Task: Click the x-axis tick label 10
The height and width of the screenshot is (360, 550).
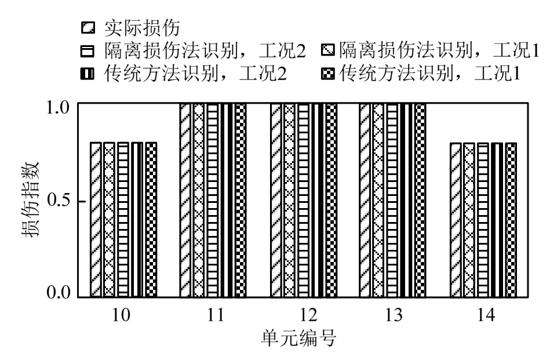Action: coord(123,315)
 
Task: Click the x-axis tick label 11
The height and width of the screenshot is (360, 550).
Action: coord(213,315)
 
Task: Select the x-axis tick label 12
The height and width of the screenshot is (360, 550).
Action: coord(304,315)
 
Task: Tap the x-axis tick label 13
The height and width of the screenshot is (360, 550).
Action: coord(394,315)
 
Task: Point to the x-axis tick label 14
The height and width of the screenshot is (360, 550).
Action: coord(484,315)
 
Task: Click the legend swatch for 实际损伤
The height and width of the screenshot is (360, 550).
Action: coord(88,27)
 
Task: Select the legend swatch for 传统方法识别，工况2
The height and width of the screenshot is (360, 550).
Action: coord(88,74)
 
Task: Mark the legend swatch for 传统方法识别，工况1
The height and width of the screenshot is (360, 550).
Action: coord(327,74)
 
